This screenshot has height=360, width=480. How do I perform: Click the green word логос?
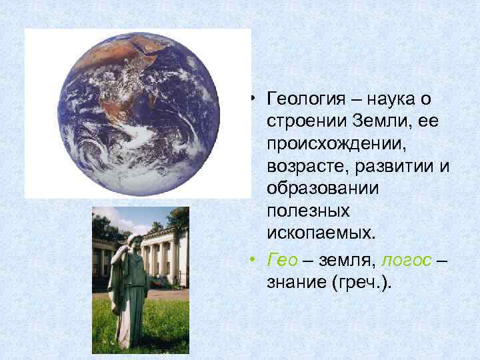[x=404, y=259]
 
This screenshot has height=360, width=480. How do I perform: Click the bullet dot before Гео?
[x=256, y=258]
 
